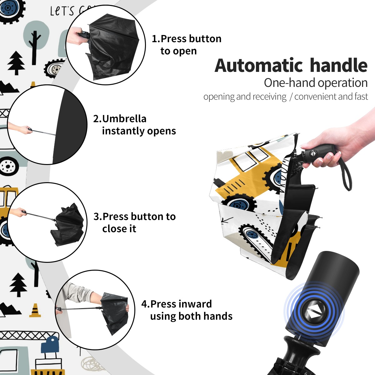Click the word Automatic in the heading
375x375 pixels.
click(x=258, y=66)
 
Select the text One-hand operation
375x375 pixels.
click(x=316, y=83)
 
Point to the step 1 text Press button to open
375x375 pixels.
click(x=187, y=45)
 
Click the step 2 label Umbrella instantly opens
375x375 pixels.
click(x=134, y=125)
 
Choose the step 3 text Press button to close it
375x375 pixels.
click(x=134, y=222)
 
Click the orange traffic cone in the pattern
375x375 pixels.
click(x=35, y=310)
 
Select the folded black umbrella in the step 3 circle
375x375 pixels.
click(x=67, y=225)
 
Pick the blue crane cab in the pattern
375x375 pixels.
click(x=50, y=344)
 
